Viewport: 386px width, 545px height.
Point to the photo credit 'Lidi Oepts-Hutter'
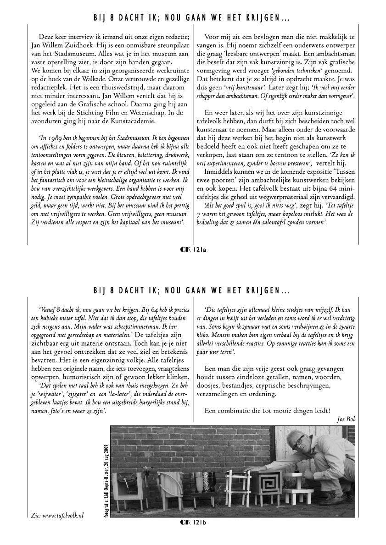(106, 486)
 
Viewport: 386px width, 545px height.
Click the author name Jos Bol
(346, 418)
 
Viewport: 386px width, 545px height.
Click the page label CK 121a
(193, 249)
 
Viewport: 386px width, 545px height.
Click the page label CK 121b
(193, 522)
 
